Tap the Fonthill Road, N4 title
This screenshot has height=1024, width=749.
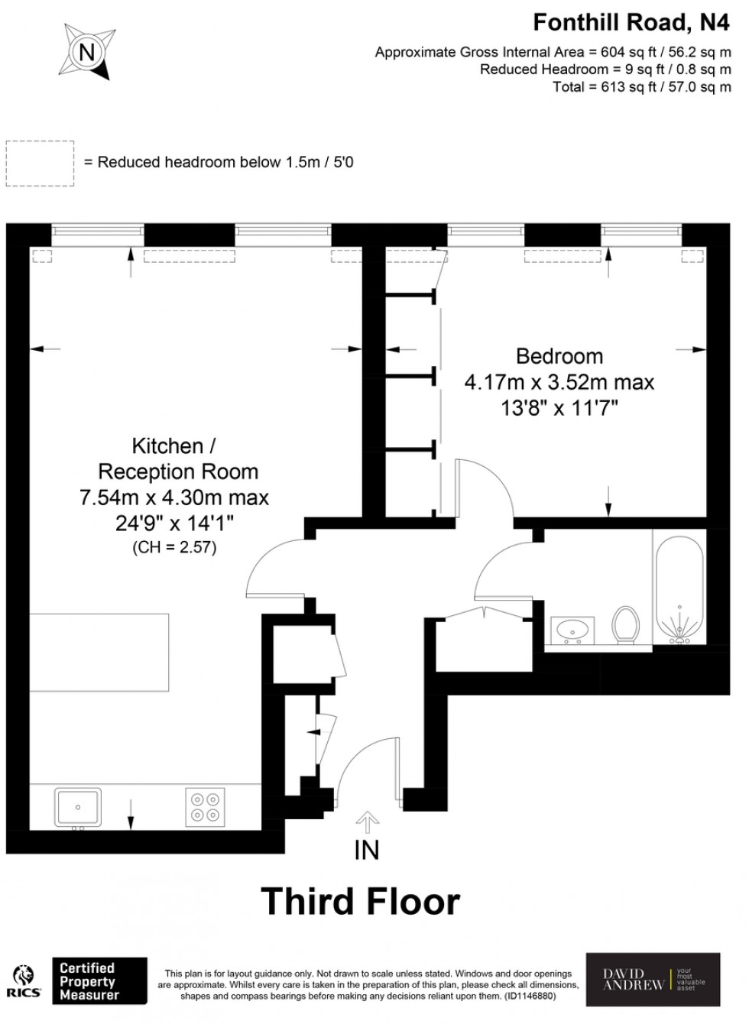(631, 23)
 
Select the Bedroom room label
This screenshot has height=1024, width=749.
(559, 356)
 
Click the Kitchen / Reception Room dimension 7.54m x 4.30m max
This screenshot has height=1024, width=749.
(174, 497)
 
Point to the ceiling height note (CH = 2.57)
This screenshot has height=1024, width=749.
(174, 547)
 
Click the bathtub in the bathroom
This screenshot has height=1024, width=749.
(678, 588)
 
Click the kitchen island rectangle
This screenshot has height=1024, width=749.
(99, 652)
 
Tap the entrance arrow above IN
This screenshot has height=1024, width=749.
(368, 822)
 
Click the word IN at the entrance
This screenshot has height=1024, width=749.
(367, 850)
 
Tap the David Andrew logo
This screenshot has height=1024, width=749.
(652, 980)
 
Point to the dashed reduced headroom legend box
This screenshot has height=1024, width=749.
(40, 163)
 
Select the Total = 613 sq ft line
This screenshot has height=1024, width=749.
(642, 87)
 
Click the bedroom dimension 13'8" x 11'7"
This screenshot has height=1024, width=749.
(559, 408)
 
